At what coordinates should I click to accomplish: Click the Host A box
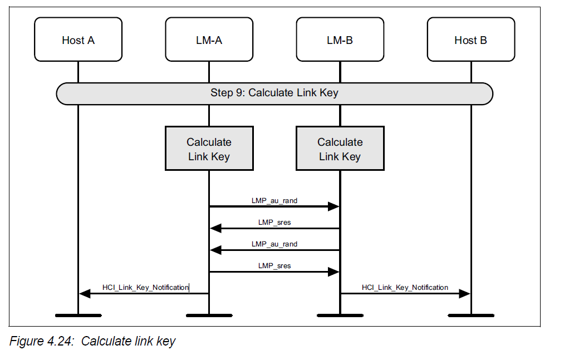[78, 40]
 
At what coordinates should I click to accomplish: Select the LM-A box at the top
[209, 40]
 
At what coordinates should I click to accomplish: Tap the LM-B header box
[340, 40]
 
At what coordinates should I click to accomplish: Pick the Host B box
[470, 40]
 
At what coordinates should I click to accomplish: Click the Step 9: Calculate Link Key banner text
[274, 93]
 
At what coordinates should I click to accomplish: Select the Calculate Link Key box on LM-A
[209, 149]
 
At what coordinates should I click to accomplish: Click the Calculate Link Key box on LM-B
[340, 149]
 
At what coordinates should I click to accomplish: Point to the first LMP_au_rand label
[274, 200]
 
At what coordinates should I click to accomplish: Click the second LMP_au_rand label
[274, 244]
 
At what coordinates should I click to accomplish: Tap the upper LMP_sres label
[274, 222]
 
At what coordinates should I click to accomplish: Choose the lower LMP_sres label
[274, 265]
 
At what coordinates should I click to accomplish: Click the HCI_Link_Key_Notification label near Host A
[145, 287]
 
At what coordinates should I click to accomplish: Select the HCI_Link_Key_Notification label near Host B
[405, 287]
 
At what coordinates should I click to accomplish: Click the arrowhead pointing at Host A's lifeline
[85, 293]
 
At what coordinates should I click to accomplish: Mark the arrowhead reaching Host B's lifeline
[464, 293]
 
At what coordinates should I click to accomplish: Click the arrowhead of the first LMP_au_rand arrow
[333, 206]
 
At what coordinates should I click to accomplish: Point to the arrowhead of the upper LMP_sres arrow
[215, 228]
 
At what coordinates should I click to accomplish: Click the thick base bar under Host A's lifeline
[78, 315]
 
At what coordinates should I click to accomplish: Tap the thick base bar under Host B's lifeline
[470, 315]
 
